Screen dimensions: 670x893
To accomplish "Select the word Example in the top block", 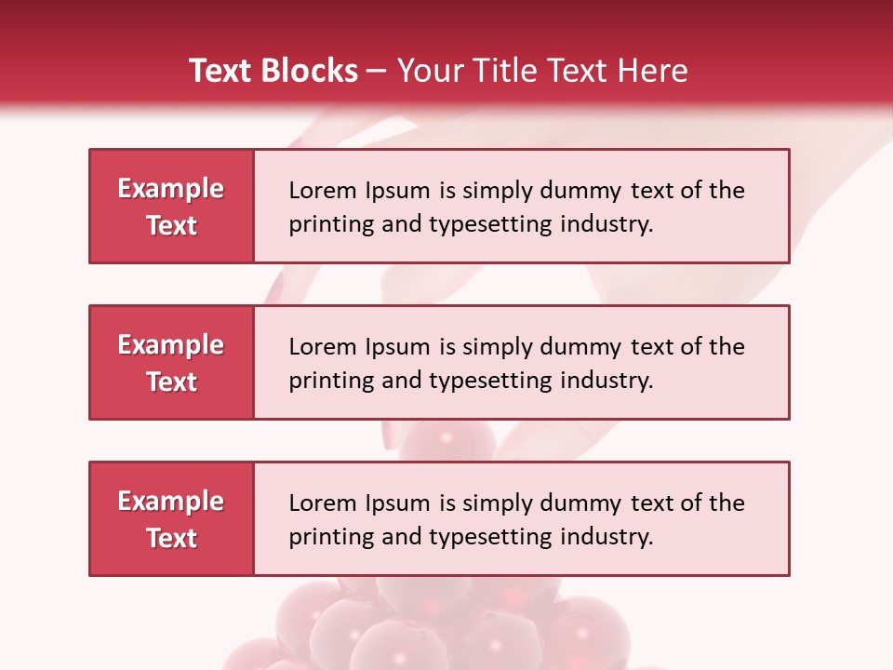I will tap(171, 189).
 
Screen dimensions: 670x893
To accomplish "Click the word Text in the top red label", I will tap(172, 225).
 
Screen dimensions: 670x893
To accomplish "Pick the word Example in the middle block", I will tap(171, 345).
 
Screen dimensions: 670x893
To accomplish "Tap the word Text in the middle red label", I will tap(172, 382).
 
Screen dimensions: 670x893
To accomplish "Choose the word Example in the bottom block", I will tap(171, 502).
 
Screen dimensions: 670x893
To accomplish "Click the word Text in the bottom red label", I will tap(172, 538).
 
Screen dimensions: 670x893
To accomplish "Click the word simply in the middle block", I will tap(493, 347).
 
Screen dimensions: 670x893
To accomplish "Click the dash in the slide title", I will tap(377, 72).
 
